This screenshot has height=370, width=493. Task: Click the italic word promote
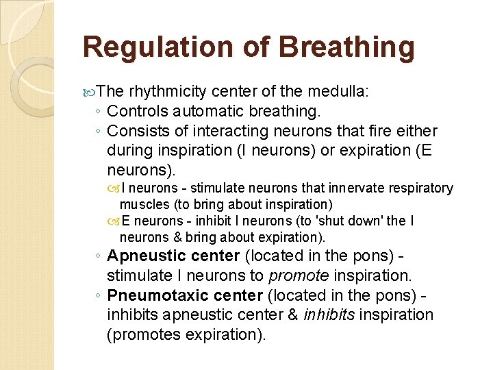pyautogui.click(x=296, y=276)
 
